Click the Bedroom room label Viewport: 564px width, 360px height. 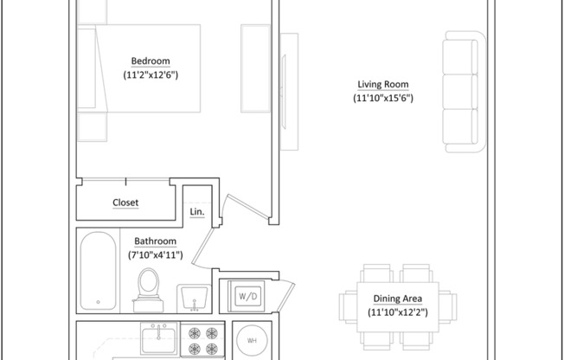click(x=151, y=61)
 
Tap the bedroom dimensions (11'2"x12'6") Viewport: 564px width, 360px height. click(x=151, y=75)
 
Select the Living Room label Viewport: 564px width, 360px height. click(x=383, y=84)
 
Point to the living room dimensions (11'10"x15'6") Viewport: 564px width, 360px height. click(x=383, y=99)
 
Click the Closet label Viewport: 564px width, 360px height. click(x=125, y=202)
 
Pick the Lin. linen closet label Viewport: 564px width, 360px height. click(x=196, y=212)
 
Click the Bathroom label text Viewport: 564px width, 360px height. click(x=155, y=241)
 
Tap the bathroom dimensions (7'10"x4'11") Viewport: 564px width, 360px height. click(x=155, y=255)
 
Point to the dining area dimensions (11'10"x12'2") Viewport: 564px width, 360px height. click(x=398, y=312)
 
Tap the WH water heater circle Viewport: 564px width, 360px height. click(x=252, y=340)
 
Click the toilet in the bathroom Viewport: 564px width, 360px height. click(x=148, y=289)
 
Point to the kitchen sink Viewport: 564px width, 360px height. click(x=159, y=337)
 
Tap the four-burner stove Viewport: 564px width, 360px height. click(x=202, y=340)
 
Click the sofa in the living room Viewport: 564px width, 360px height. click(x=462, y=92)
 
